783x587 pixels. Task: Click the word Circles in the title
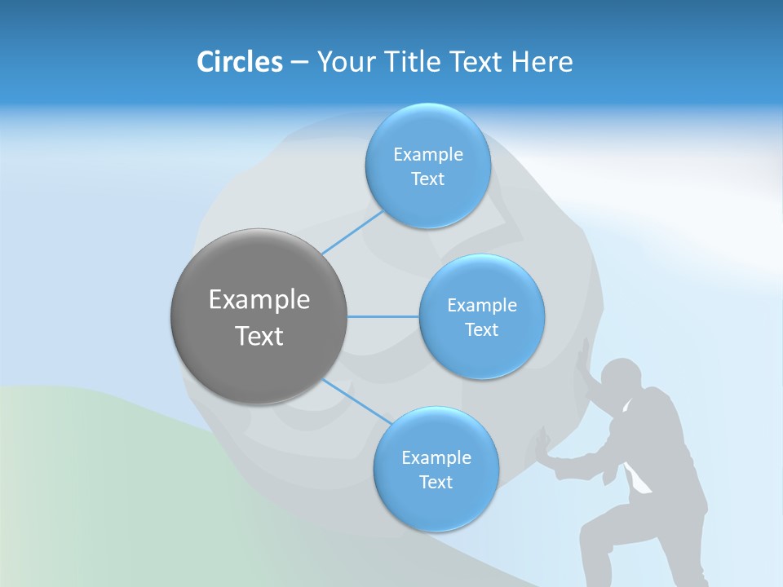coord(240,62)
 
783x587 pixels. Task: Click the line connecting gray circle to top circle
coord(352,232)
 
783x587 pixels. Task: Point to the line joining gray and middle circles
coord(383,316)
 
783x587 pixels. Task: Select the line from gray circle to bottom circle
coord(352,400)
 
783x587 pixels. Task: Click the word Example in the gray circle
coord(259,300)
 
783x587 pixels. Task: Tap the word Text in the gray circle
coord(259,336)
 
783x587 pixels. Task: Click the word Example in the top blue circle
coord(427,154)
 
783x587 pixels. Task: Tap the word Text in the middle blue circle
coord(481,329)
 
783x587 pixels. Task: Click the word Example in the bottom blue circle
coord(436,457)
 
